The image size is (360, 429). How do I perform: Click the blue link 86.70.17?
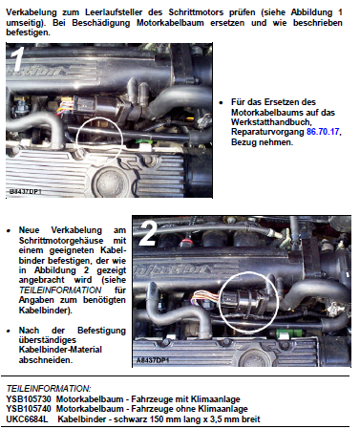tap(323, 132)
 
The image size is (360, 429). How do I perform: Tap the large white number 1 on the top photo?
tap(17, 59)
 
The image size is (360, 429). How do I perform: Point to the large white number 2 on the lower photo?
tap(148, 233)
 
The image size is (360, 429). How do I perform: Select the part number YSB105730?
tap(29, 399)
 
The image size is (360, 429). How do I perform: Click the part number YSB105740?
tap(29, 409)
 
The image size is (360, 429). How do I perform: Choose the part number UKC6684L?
tap(27, 419)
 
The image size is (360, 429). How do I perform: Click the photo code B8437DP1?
tap(26, 192)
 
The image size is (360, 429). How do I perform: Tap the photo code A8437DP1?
tap(153, 360)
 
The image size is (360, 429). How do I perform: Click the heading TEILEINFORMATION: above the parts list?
tap(49, 389)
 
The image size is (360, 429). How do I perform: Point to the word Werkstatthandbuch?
tap(270, 122)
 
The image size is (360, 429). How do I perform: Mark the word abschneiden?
tap(46, 360)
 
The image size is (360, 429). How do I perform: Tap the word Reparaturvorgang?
tap(267, 132)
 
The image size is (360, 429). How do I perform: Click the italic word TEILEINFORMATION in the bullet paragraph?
tap(60, 290)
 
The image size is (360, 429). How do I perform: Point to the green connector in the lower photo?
tap(284, 333)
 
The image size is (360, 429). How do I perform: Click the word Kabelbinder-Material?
tap(60, 350)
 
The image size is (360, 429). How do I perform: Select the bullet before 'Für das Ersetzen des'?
tap(222, 102)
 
